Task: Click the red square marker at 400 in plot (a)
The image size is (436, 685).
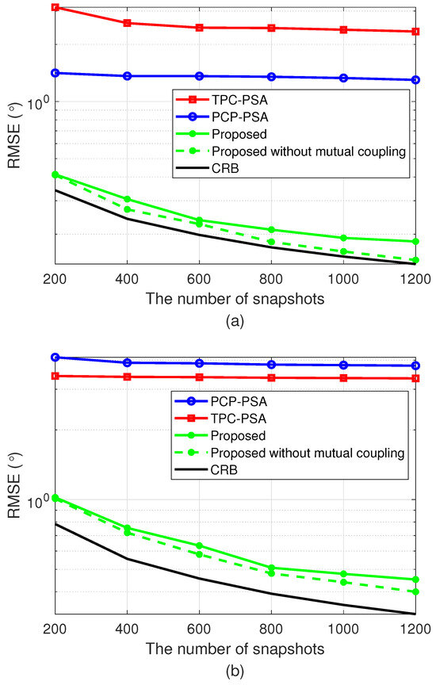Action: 127,23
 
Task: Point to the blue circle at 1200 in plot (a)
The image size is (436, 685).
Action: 415,80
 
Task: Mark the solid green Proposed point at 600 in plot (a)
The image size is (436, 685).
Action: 199,220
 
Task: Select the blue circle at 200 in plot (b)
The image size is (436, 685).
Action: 55,358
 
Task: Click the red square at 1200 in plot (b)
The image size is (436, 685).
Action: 415,379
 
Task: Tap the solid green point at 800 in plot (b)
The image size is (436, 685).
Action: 271,568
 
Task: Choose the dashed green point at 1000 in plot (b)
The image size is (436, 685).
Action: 343,582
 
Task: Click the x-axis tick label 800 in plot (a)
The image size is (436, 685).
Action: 271,278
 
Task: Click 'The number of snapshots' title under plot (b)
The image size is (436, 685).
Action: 235,648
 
